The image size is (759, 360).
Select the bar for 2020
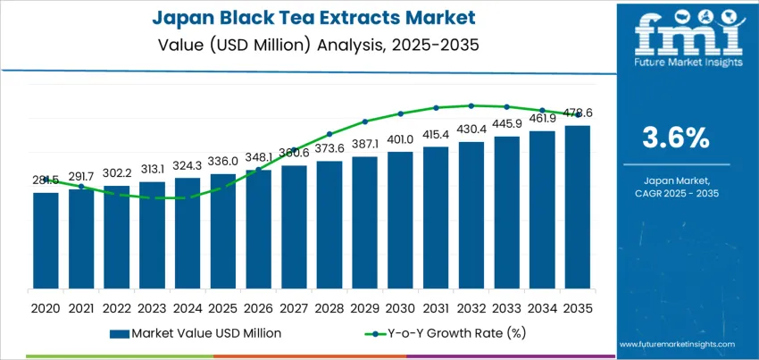46,242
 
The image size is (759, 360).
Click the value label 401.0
400,139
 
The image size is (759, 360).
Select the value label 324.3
188,165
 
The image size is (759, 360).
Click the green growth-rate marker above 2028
329,134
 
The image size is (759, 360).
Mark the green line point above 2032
471,105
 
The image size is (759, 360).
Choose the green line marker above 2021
81,187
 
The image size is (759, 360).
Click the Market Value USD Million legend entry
196,333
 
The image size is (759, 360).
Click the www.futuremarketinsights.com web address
676,344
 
